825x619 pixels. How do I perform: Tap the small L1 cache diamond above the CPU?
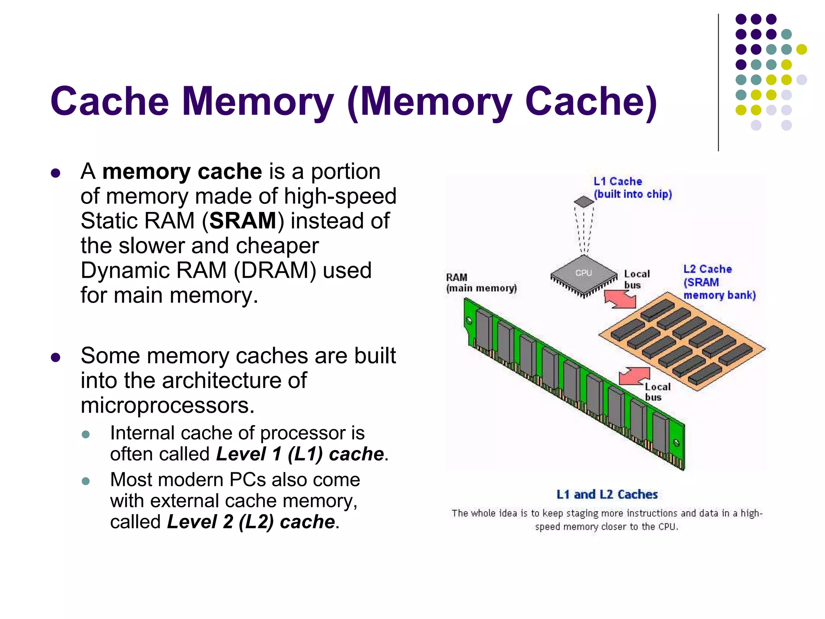(584, 201)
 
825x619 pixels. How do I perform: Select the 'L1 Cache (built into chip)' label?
(632, 188)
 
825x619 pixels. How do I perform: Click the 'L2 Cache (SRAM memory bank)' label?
(719, 282)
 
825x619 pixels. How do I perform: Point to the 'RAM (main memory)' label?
(481, 283)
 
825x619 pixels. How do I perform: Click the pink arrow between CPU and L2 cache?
(621, 299)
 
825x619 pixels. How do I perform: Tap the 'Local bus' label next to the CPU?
(636, 279)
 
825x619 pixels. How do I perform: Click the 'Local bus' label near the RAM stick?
(657, 392)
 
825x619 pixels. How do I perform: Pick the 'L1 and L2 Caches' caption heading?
(607, 494)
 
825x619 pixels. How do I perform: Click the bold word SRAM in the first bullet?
(243, 221)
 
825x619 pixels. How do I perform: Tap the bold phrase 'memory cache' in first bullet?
(182, 172)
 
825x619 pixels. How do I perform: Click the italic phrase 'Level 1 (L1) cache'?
(300, 454)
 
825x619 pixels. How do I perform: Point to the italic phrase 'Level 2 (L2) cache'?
(251, 522)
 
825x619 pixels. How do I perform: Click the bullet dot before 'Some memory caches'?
(56, 357)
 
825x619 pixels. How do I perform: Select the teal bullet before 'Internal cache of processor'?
(85, 434)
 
